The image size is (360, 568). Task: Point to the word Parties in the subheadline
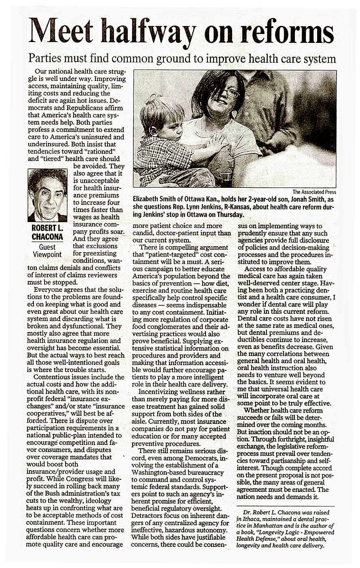pyautogui.click(x=44, y=59)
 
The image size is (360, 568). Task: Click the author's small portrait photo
pyautogui.click(x=47, y=195)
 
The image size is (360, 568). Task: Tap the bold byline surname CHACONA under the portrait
pyautogui.click(x=47, y=236)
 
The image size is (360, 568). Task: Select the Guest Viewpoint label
pyautogui.click(x=47, y=251)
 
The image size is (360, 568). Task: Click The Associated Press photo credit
pyautogui.click(x=314, y=192)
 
